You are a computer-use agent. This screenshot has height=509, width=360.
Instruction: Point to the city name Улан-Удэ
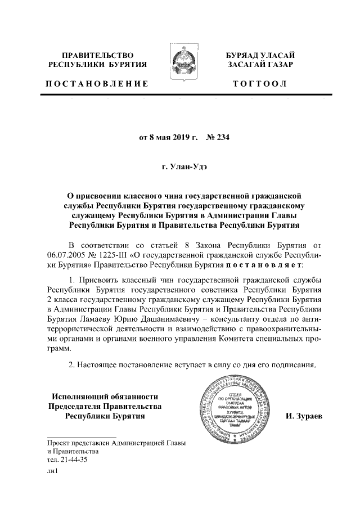[x=192, y=167]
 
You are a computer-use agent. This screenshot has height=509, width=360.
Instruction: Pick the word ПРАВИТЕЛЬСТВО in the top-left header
[x=97, y=55]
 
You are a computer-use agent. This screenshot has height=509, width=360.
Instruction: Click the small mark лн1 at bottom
[x=53, y=471]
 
